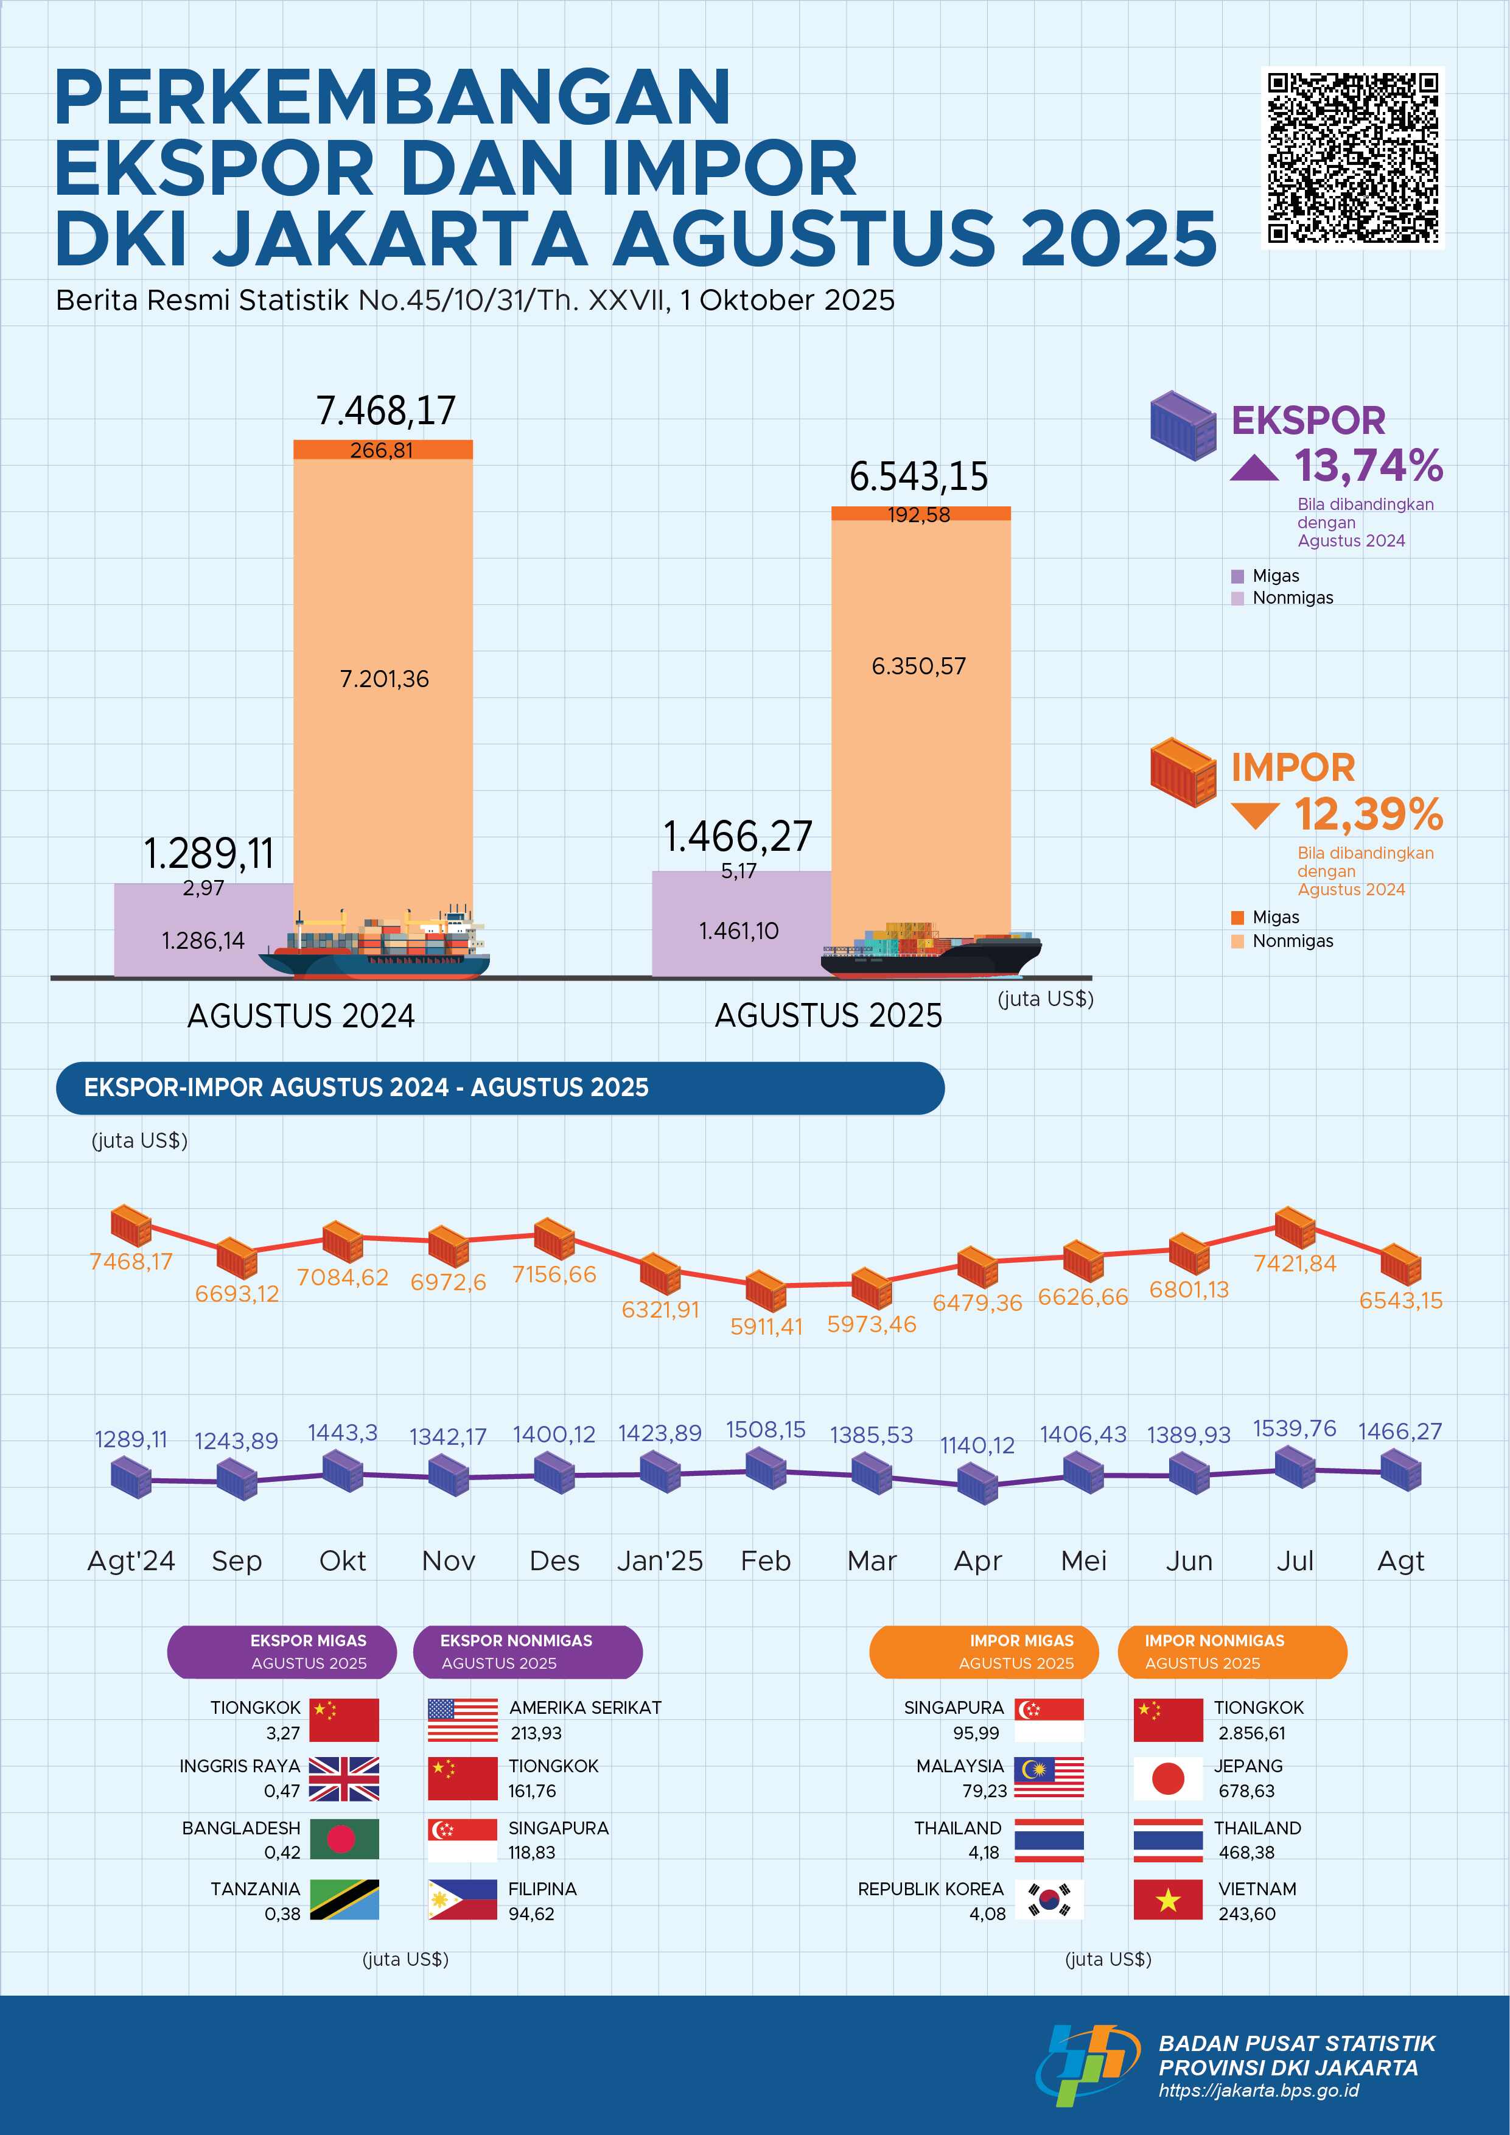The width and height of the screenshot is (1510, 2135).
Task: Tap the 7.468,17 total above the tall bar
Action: click(386, 410)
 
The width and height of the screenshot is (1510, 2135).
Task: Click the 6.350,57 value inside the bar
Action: click(918, 666)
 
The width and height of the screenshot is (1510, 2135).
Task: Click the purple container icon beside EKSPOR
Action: click(1183, 425)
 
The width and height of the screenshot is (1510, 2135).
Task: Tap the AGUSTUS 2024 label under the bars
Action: click(301, 1015)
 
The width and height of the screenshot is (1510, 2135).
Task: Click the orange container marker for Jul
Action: click(1295, 1228)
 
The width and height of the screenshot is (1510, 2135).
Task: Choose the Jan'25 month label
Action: click(660, 1560)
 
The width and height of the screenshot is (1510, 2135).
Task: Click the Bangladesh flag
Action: click(344, 1839)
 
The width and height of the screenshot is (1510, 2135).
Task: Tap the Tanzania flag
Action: click(344, 1899)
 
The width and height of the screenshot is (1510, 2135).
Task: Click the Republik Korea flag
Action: click(1049, 1899)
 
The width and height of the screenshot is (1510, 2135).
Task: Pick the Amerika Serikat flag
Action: click(463, 1719)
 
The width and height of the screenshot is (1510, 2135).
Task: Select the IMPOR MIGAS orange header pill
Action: click(984, 1652)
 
